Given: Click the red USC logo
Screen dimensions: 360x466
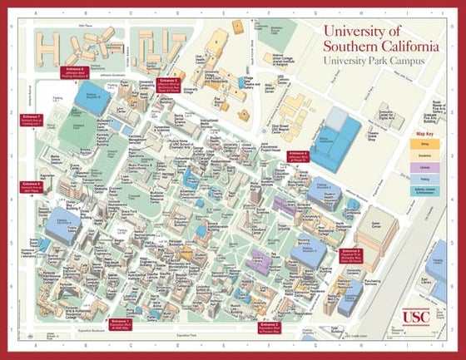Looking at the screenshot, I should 417,317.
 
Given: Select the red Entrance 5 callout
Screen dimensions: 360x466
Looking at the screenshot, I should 170,84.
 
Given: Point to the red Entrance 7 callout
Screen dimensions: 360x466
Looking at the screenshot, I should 31,119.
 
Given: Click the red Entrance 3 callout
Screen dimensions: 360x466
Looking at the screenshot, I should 351,254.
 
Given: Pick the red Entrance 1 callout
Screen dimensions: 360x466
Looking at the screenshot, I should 120,323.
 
